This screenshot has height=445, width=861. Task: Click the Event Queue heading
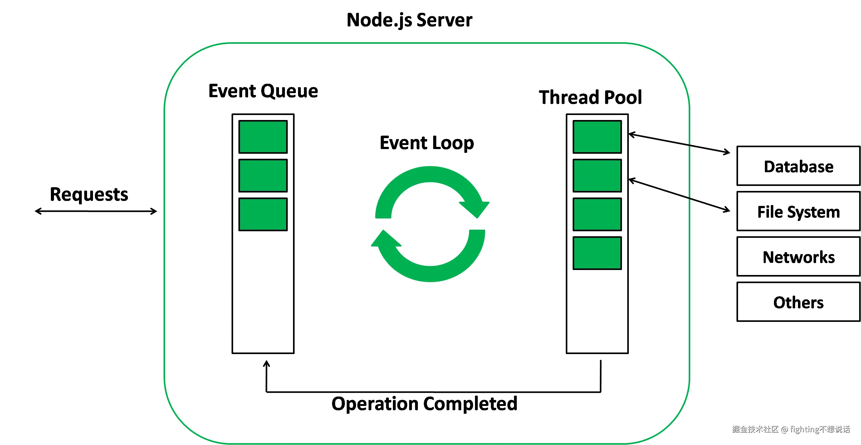pos(263,91)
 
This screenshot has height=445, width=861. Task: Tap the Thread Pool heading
pos(590,97)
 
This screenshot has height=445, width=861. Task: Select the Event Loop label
pos(427,143)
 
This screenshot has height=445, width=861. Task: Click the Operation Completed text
pos(424,403)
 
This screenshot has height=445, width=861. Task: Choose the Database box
pos(798,166)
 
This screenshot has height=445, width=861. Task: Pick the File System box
pos(798,212)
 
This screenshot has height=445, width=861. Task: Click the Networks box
pos(798,257)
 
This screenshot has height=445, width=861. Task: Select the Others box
pos(798,302)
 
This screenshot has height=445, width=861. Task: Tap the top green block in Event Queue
pos(263,137)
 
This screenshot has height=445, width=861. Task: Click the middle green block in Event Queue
pos(263,176)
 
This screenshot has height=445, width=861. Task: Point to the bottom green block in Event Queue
pos(263,214)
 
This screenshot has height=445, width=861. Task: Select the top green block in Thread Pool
pos(597,137)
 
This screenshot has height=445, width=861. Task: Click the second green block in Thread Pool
pos(597,176)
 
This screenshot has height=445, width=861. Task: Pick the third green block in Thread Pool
pos(597,214)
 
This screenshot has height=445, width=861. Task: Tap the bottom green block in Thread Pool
pos(597,253)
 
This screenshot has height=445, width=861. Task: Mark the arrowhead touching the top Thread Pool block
pos(631,134)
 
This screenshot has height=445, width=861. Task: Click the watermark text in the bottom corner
pos(790,429)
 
